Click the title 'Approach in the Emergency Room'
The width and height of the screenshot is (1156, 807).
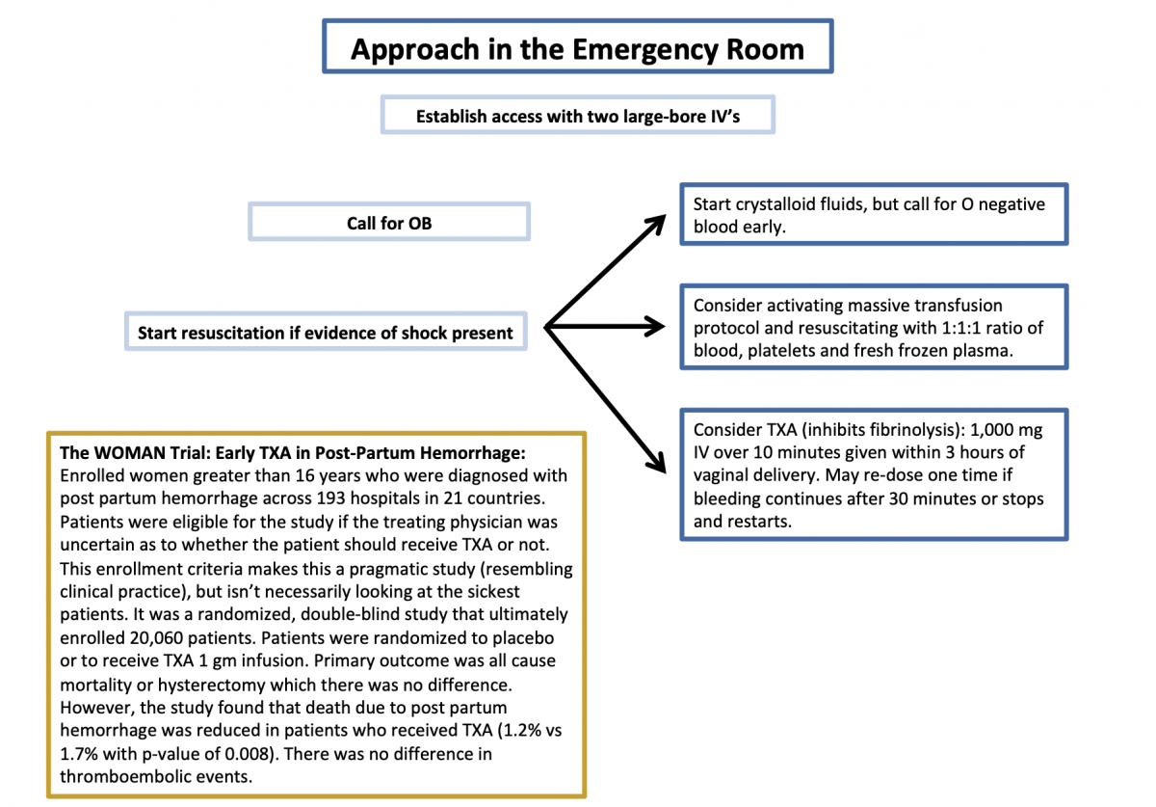click(577, 48)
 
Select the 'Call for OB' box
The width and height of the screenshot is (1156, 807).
click(389, 223)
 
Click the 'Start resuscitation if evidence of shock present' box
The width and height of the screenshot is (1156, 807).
click(325, 334)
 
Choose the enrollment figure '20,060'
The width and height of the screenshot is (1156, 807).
click(173, 637)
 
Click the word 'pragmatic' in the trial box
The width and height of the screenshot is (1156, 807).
click(381, 568)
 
